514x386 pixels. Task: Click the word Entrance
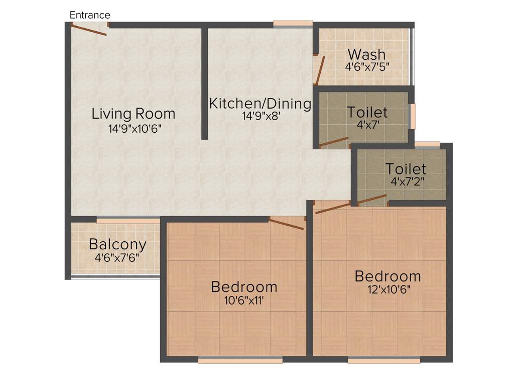pos(90,15)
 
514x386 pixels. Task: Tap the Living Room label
pos(134,114)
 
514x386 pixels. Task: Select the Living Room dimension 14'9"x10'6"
pos(135,129)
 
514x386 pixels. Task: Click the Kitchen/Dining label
pos(260,104)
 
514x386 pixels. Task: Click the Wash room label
pos(366,54)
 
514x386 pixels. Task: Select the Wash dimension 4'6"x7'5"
pos(367,66)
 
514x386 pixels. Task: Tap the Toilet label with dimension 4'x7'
pos(367,112)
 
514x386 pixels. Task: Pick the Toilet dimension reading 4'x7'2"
pos(408,181)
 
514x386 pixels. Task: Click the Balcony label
pos(117,245)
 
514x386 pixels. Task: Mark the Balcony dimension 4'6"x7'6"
pos(117,257)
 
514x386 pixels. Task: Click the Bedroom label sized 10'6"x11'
pos(244,287)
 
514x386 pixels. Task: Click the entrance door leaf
pos(89,30)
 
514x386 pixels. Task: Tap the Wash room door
pos(320,70)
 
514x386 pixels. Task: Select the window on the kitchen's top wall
pos(293,23)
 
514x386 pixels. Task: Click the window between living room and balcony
pos(128,220)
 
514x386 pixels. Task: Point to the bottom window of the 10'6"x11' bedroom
pos(240,360)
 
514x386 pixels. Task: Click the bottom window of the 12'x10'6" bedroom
pos(384,360)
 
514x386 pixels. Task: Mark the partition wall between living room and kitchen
pos(204,83)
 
